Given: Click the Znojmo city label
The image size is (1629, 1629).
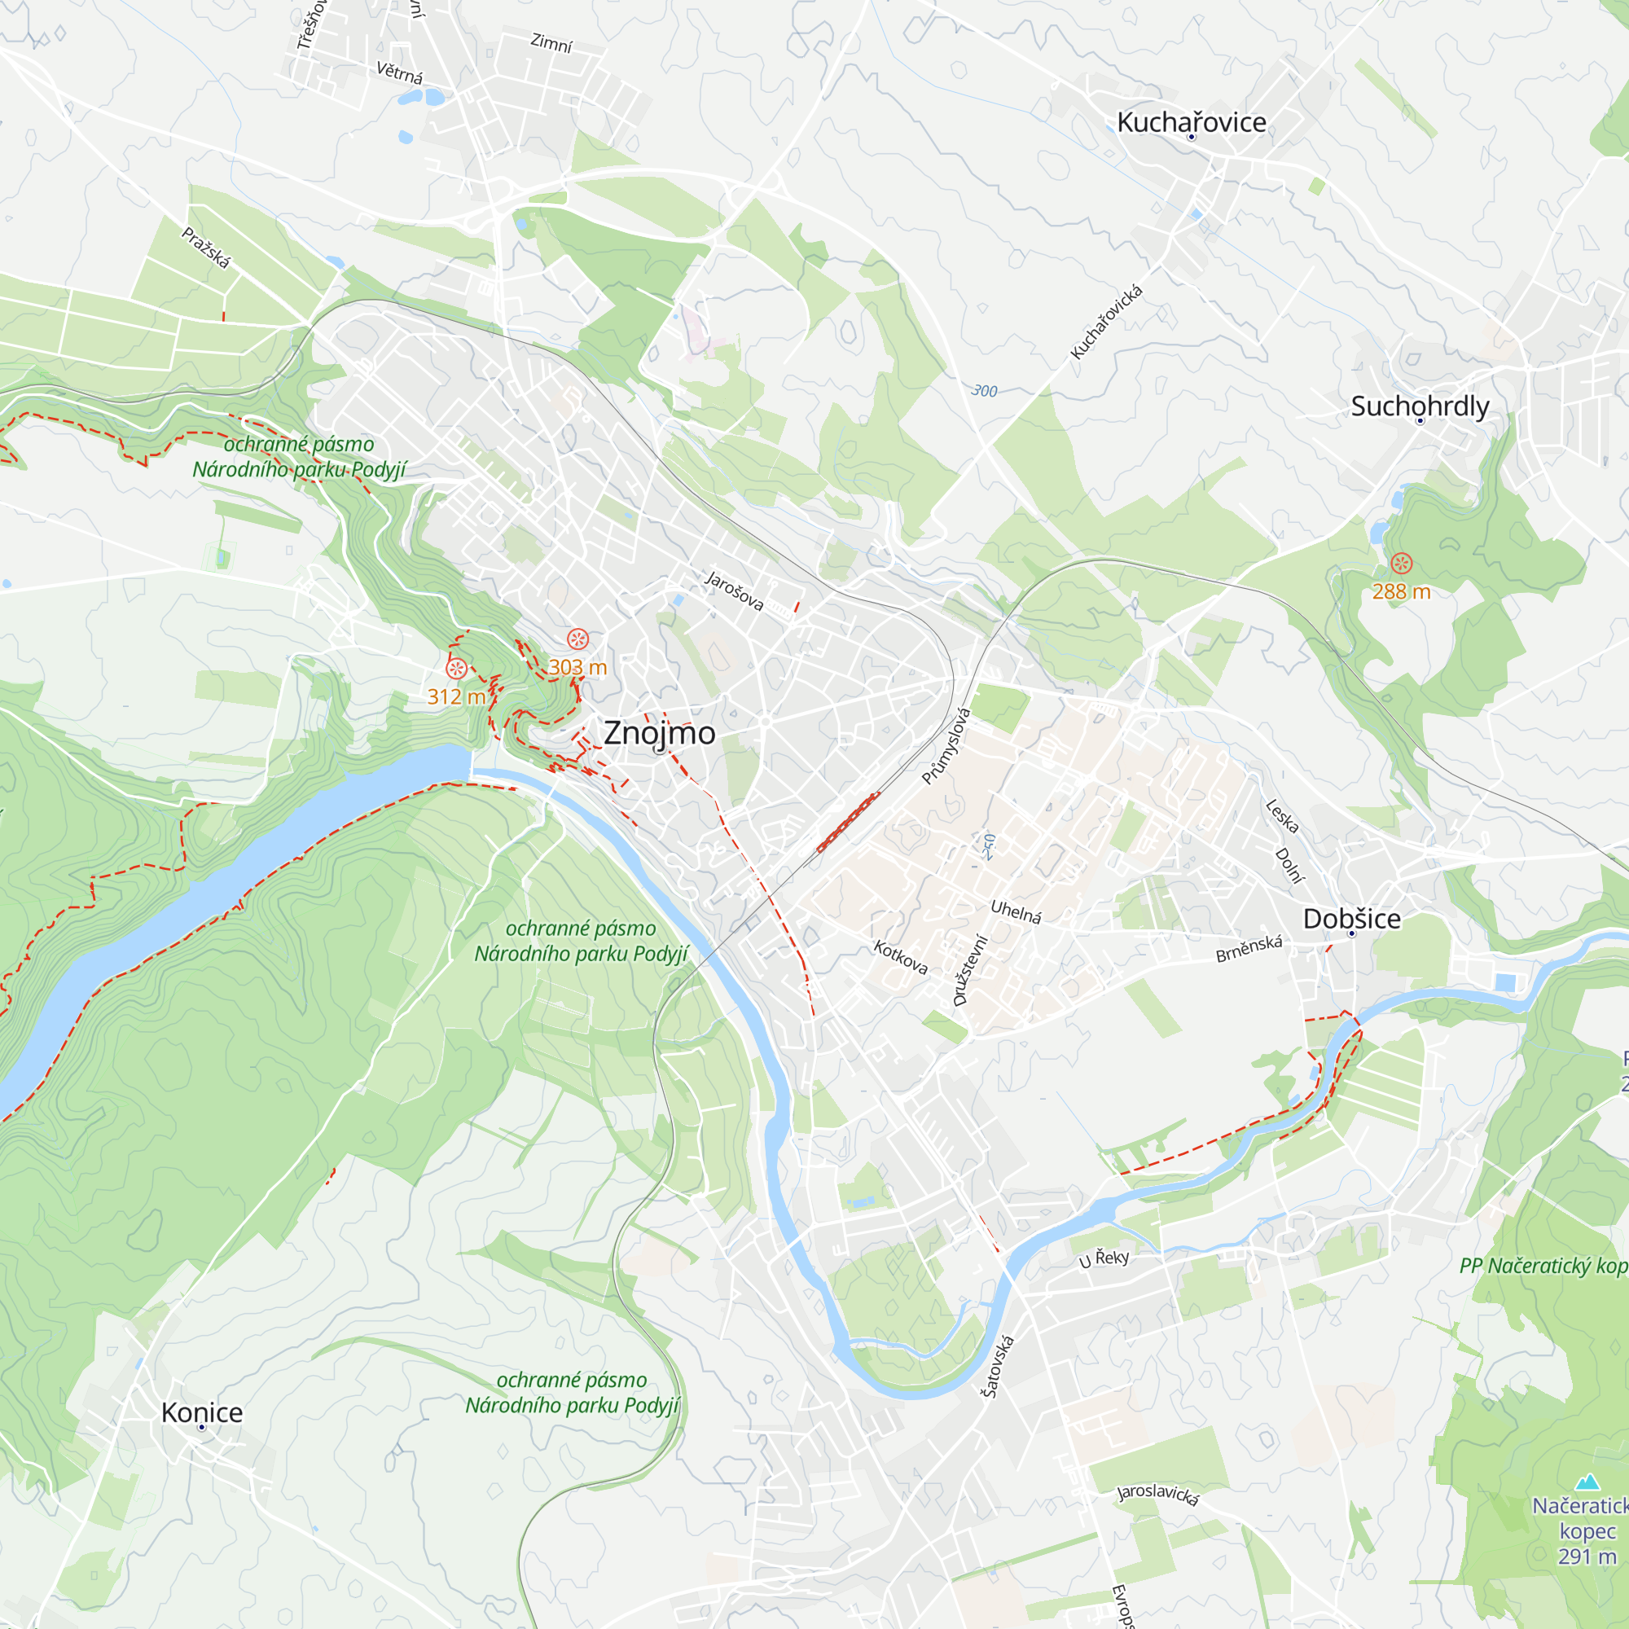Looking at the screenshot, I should click(x=660, y=733).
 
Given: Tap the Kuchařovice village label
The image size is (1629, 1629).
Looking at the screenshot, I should click(x=1191, y=122).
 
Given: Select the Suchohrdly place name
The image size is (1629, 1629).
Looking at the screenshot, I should click(x=1420, y=406).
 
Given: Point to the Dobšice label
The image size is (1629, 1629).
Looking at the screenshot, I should click(x=1351, y=918).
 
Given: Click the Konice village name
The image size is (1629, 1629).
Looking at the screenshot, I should click(x=201, y=1412).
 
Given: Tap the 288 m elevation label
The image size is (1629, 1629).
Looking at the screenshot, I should click(x=1400, y=591).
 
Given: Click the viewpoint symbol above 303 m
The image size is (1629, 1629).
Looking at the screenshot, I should click(x=577, y=639).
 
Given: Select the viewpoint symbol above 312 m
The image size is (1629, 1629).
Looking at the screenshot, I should click(x=456, y=669).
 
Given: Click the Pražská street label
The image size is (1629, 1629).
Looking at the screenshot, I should click(x=206, y=248).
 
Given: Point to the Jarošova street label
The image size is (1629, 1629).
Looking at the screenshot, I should click(x=735, y=591).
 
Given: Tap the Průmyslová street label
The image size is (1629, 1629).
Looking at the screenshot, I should click(x=946, y=746).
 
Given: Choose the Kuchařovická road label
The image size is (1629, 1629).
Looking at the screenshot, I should click(x=1106, y=322).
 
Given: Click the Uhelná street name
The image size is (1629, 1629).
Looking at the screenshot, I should click(x=1015, y=911).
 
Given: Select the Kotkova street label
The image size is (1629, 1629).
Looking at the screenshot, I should click(x=901, y=957).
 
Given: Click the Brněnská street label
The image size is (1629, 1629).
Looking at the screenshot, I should click(x=1248, y=949).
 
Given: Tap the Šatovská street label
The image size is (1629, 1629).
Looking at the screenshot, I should click(x=998, y=1366).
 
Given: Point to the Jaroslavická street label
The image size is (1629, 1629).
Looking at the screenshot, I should click(x=1157, y=1493).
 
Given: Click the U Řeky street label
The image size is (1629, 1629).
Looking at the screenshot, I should click(x=1104, y=1259).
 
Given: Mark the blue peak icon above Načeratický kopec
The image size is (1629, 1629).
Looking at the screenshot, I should click(x=1587, y=1482).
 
